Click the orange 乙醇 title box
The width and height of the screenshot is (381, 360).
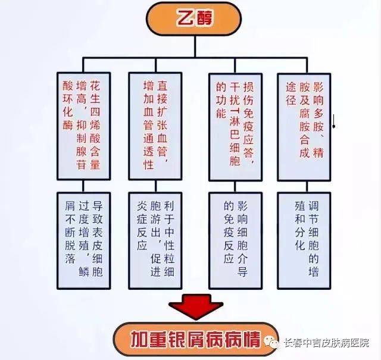tap(193, 19)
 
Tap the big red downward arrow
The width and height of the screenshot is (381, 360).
tap(196, 306)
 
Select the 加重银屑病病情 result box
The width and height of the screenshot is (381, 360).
tap(196, 339)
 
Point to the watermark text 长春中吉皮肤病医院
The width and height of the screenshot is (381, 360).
tap(326, 343)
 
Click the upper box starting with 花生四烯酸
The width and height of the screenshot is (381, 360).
tap(84, 126)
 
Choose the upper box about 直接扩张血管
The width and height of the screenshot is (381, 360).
tap(155, 126)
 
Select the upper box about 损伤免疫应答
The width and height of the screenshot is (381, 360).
tap(236, 127)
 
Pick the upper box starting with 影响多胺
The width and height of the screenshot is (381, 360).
tap(304, 127)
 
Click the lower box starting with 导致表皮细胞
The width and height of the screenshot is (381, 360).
tap(84, 241)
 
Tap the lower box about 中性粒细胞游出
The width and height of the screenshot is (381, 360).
tap(155, 241)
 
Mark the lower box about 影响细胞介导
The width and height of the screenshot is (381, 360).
tap(236, 241)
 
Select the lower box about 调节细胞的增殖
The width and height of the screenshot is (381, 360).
tap(304, 241)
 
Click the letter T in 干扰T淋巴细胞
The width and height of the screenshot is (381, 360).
tap(235, 114)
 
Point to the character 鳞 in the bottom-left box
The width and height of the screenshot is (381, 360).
tap(84, 271)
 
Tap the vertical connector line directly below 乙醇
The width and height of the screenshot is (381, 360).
tap(195, 46)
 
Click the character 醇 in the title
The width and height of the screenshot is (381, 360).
tap(205, 18)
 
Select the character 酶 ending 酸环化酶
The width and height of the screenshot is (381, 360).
tap(68, 125)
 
